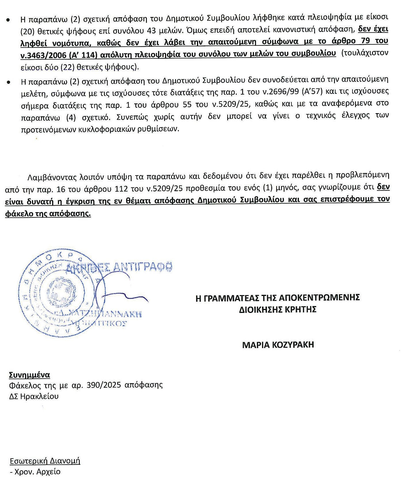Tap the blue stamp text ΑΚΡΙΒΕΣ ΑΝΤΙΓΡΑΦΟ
tap(119, 267)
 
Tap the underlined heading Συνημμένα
tap(29, 375)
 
